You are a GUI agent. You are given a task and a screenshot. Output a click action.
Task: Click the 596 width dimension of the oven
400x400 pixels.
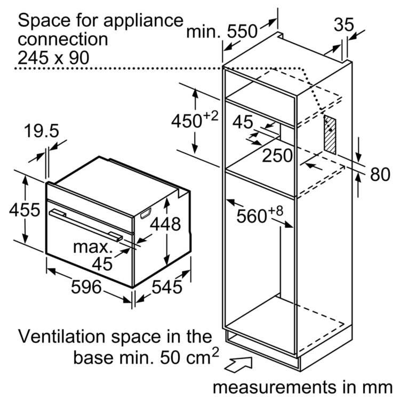point(86,287)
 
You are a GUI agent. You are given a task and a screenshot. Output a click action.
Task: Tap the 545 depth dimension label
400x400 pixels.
point(167,287)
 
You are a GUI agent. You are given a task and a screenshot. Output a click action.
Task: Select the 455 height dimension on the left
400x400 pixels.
point(25,210)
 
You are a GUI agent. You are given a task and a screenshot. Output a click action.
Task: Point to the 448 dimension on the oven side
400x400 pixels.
point(165,224)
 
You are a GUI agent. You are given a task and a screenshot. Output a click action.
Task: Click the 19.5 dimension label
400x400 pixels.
point(41,131)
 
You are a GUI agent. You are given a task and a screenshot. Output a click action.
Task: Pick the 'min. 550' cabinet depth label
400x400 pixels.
point(222,31)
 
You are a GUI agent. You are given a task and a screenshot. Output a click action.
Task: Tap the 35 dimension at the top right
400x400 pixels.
point(344,25)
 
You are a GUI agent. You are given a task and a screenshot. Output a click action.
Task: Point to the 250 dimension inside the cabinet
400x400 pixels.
point(277,155)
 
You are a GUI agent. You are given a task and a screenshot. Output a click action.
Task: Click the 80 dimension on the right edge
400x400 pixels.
point(380,174)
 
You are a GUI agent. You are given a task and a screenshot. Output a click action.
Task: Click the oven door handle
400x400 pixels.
point(86,225)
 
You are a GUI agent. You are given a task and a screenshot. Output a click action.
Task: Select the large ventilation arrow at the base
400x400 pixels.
point(239,365)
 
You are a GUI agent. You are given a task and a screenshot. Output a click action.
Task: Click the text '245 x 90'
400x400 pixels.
point(53,58)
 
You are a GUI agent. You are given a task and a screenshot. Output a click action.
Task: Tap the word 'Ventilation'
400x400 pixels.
point(61,336)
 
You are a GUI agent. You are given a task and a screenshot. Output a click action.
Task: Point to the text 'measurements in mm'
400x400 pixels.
point(302,387)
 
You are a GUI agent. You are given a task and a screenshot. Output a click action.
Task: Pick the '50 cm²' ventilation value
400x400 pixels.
point(189,356)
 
